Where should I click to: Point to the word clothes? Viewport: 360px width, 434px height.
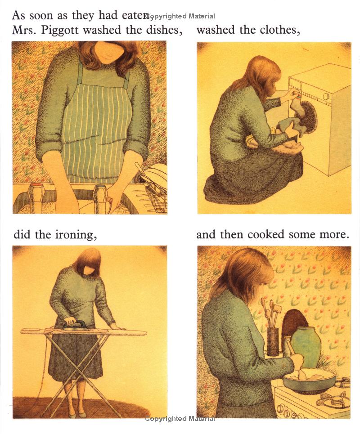(278, 30)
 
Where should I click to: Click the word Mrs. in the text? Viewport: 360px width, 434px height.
(25, 30)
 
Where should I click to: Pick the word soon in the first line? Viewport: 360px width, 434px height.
(41, 15)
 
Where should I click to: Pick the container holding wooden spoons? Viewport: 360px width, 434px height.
(273, 341)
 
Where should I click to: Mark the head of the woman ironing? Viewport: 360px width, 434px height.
(88, 262)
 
